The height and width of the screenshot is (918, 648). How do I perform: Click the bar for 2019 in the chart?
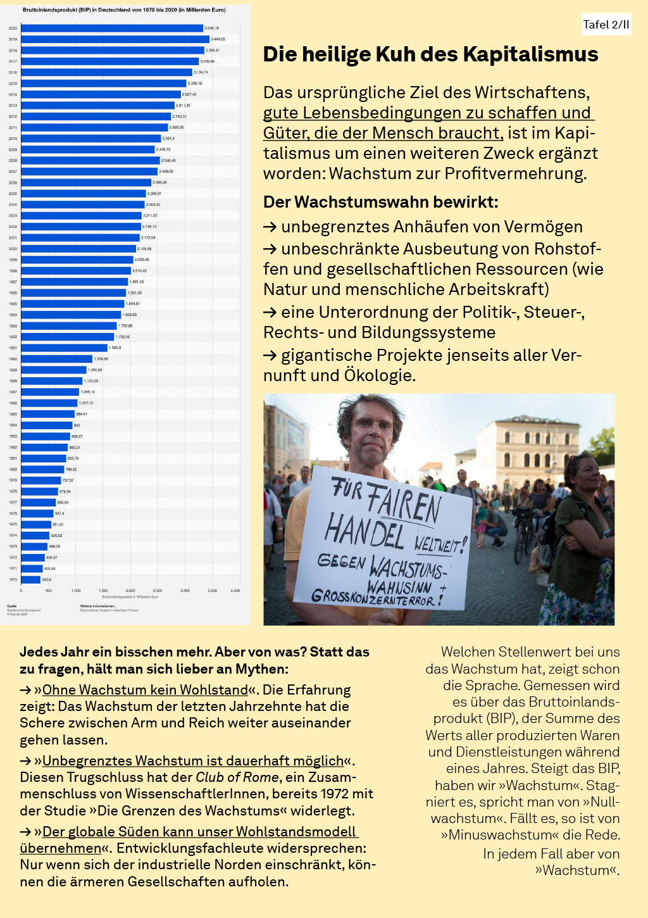pyautogui.click(x=114, y=39)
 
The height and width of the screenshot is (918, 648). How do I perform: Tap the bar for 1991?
pyautogui.click(x=63, y=348)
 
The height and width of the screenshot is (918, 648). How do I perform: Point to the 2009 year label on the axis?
pyautogui.click(x=13, y=149)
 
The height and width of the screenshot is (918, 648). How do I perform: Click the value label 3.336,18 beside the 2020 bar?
pyautogui.click(x=211, y=28)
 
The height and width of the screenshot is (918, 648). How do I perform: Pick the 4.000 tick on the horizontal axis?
pyautogui.click(x=235, y=591)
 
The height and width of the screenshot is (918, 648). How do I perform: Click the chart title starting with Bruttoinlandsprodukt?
pyautogui.click(x=124, y=10)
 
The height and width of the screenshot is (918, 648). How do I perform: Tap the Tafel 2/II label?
pyautogui.click(x=606, y=25)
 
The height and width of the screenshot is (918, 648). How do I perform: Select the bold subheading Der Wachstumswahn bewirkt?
pyautogui.click(x=380, y=202)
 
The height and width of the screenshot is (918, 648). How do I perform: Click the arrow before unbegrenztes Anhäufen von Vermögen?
pyautogui.click(x=270, y=227)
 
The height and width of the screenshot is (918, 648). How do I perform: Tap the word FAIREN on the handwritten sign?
pyautogui.click(x=403, y=500)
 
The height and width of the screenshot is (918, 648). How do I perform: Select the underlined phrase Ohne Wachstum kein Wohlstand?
pyautogui.click(x=145, y=689)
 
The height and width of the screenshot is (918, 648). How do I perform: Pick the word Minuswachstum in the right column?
pyautogui.click(x=491, y=834)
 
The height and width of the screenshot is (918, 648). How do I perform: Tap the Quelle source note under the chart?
pyautogui.click(x=12, y=605)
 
